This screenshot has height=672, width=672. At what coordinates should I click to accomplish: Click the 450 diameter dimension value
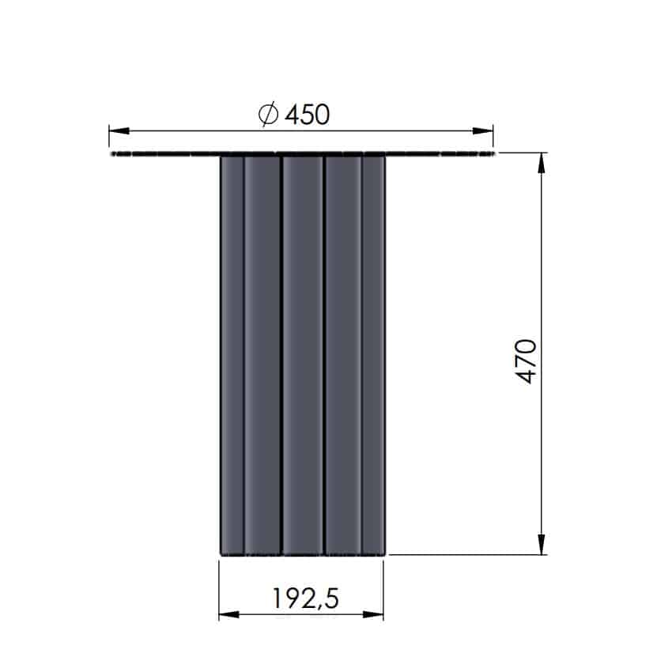tap(308, 115)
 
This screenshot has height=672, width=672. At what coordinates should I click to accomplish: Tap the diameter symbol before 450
tap(269, 115)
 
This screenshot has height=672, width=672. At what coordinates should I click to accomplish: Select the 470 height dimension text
tap(526, 361)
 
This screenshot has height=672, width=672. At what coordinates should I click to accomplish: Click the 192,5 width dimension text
tap(306, 598)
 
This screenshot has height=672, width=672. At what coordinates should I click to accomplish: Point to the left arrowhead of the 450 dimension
tap(119, 130)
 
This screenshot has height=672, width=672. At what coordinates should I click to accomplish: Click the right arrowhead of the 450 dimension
tap(483, 130)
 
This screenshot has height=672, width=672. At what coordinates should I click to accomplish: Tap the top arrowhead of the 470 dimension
tap(542, 163)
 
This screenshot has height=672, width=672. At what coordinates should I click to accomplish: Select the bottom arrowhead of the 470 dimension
tap(542, 544)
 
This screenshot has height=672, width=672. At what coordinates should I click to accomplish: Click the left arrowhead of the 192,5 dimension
tap(228, 614)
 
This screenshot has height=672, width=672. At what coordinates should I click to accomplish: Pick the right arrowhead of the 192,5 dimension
tap(373, 614)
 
